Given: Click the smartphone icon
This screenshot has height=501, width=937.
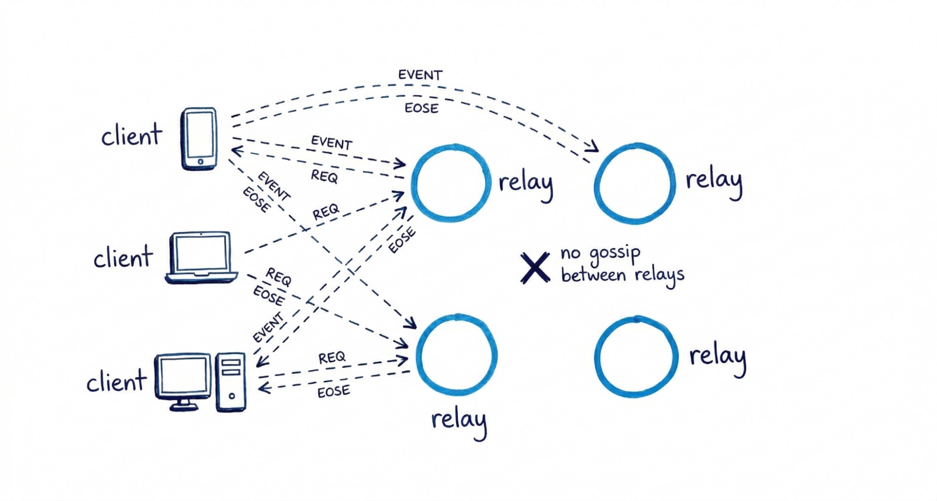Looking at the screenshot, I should [x=199, y=139].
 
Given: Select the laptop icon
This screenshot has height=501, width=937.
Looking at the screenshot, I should [x=201, y=257].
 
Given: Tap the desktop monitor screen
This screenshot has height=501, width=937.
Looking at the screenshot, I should [x=183, y=376].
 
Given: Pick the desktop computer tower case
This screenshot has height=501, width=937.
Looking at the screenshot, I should [x=231, y=382].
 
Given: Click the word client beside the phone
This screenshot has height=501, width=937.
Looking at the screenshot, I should [x=131, y=136].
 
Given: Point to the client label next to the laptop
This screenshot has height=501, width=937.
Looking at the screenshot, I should [x=123, y=258].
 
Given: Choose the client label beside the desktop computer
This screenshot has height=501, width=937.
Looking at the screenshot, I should [x=116, y=382].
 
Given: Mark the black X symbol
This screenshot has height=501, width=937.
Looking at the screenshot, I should [x=535, y=268].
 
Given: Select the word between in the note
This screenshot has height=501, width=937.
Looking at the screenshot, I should [x=593, y=275].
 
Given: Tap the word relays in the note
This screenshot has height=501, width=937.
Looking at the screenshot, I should [x=659, y=275].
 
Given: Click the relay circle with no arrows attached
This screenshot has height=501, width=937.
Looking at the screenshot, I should [x=636, y=357].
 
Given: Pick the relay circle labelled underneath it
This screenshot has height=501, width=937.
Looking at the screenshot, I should [x=457, y=355].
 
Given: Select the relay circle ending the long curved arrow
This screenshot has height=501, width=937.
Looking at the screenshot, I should [x=635, y=183].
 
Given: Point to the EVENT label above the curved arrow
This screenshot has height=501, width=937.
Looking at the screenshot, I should [x=420, y=75].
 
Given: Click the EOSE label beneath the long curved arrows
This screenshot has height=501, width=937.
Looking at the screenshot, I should [x=421, y=108].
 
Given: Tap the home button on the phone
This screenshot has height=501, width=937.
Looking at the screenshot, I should [x=200, y=162].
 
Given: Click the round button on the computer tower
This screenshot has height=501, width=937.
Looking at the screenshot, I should [x=232, y=396].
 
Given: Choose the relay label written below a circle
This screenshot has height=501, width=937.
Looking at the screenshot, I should [x=459, y=420].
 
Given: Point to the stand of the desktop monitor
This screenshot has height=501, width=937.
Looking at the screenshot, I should [x=183, y=404].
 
